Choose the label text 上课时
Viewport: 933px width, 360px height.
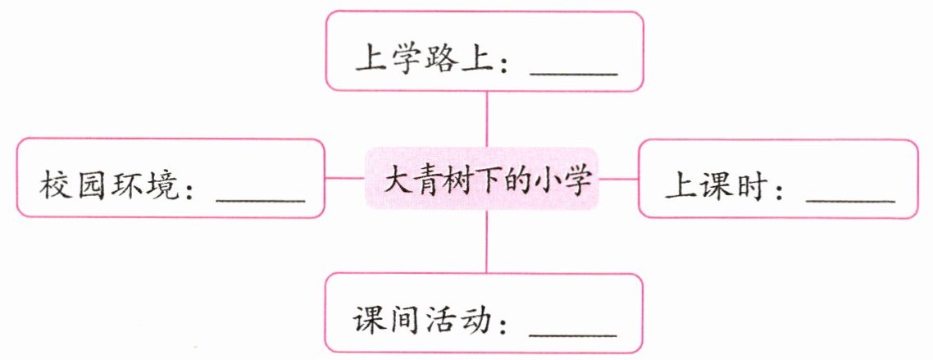click(713, 189)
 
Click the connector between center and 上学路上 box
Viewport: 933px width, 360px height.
click(487, 118)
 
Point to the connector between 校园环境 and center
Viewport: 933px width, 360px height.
click(345, 178)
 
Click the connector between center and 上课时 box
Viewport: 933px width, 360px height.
click(620, 178)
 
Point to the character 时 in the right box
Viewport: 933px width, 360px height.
click(746, 189)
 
